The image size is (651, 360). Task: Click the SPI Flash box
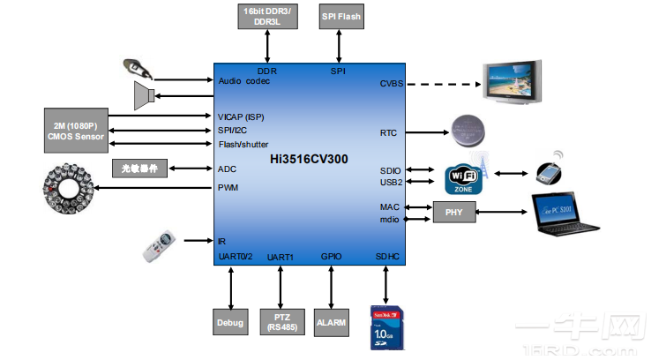click(340, 16)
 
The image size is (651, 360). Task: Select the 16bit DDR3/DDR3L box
click(267, 15)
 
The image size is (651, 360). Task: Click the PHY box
click(453, 212)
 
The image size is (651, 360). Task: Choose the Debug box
click(230, 323)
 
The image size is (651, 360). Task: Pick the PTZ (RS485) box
click(281, 323)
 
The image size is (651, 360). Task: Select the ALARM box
click(332, 323)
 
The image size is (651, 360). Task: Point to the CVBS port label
click(391, 84)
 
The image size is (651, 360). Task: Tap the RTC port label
click(388, 133)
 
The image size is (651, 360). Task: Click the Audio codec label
click(244, 81)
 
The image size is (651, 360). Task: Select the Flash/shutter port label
click(243, 145)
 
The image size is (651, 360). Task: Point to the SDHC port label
click(387, 257)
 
